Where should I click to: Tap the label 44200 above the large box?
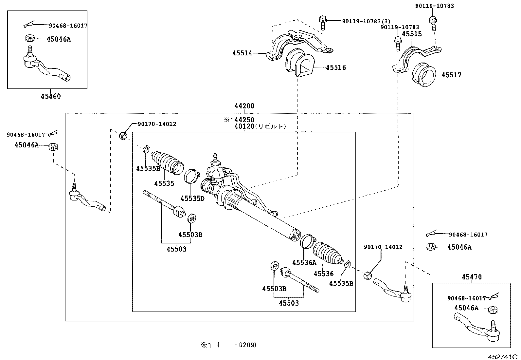click(x=244, y=106)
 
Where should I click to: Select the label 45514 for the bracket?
click(x=242, y=53)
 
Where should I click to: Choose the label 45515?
click(x=412, y=34)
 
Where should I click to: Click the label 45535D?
click(x=192, y=198)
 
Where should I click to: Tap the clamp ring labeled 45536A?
click(x=307, y=242)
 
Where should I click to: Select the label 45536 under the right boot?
click(x=323, y=274)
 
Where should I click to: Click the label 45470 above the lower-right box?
click(x=472, y=277)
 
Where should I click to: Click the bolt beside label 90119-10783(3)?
click(x=323, y=22)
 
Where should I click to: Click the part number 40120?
click(x=244, y=126)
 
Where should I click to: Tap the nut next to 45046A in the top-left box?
click(x=30, y=38)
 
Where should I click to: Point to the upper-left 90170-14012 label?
click(x=157, y=124)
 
